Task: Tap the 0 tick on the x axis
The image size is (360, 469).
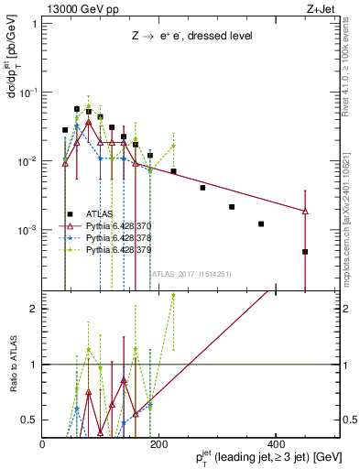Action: [x=43, y=444]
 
